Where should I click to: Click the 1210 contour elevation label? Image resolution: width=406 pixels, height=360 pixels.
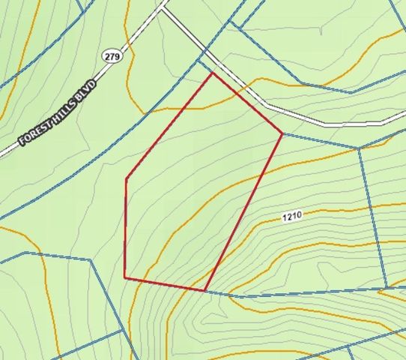[292, 216]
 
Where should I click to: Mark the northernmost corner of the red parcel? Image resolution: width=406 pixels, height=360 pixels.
[213, 73]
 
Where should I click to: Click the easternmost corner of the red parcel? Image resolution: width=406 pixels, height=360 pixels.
[282, 134]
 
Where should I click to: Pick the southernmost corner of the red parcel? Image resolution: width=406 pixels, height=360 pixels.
[205, 290]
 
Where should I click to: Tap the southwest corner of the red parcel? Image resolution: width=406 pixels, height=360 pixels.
[124, 277]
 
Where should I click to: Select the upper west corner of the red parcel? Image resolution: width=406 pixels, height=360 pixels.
[126, 178]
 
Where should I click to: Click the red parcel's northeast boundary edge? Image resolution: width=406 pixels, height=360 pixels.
[247, 103]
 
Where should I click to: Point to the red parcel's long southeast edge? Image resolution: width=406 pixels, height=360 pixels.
[243, 212]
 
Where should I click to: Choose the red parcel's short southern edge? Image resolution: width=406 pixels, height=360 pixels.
[165, 284]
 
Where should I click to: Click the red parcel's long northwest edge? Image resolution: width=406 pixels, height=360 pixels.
[169, 125]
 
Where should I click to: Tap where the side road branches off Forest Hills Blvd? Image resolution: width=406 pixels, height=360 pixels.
[164, 9]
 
